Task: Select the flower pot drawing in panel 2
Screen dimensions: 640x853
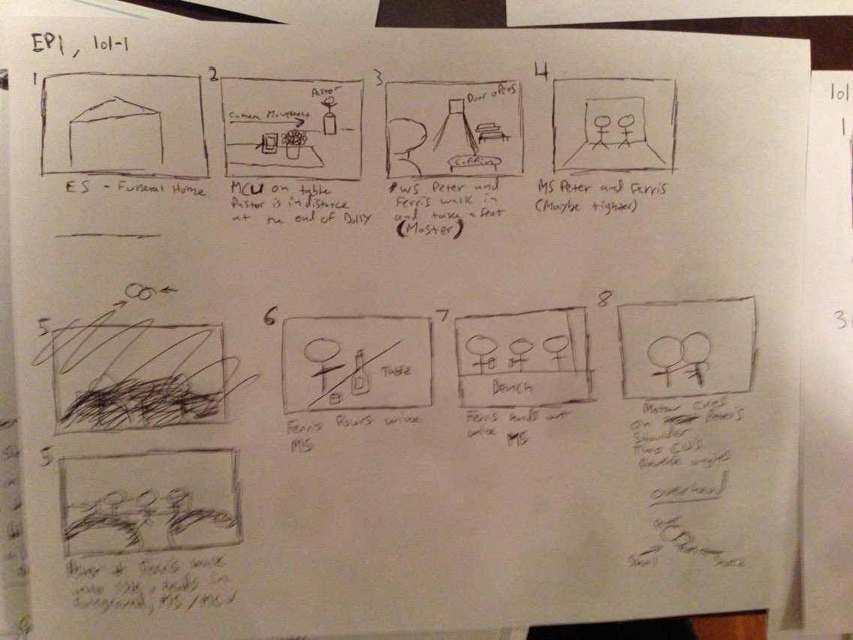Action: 293,143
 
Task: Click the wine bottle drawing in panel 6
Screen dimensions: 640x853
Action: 361,373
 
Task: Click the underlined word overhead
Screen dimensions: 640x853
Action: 678,491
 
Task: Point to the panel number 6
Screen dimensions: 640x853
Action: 269,318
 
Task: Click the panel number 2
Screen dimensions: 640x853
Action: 214,74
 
